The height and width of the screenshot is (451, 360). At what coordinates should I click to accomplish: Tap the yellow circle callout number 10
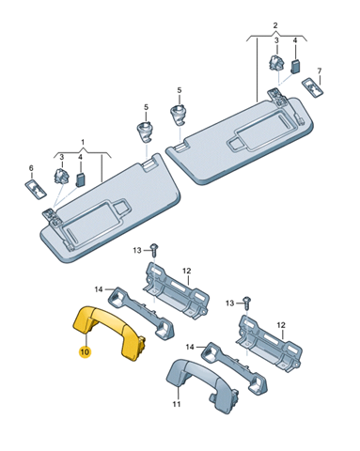pyautogui.click(x=85, y=351)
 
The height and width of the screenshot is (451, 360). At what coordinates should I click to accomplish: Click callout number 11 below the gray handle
pyautogui.click(x=177, y=404)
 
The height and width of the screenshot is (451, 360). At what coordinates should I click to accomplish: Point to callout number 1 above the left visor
pyautogui.click(x=83, y=143)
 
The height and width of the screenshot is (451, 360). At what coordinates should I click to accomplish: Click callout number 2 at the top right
pyautogui.click(x=275, y=25)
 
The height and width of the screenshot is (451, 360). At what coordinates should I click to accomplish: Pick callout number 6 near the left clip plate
pyautogui.click(x=31, y=168)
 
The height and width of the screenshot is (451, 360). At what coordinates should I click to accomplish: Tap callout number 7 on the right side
pyautogui.click(x=320, y=71)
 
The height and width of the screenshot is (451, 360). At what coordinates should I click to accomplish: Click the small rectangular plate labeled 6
pyautogui.click(x=36, y=190)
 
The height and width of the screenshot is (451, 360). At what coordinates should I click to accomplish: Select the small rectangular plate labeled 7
pyautogui.click(x=313, y=86)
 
